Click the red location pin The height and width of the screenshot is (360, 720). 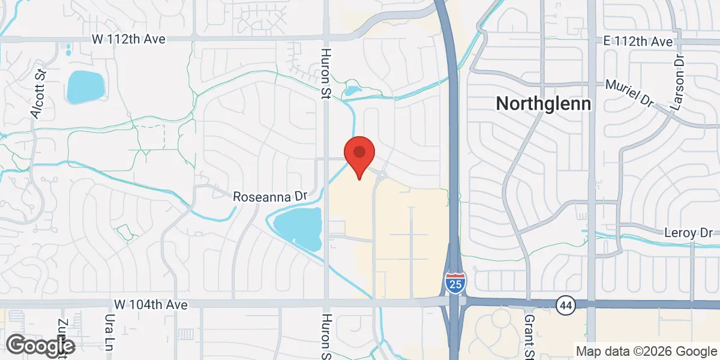tap(359, 154)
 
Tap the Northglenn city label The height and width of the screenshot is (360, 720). tap(544, 104)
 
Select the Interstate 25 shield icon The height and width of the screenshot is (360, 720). tap(455, 282)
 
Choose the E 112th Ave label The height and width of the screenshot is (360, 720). tap(638, 41)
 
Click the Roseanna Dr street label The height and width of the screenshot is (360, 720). tap(270, 196)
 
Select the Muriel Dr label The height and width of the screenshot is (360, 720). tap(629, 94)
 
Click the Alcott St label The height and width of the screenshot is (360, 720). tap(39, 94)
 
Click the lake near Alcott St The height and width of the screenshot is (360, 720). tap(85, 87)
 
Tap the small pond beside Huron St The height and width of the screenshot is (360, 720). tap(352, 92)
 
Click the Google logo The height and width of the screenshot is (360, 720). tap(40, 345)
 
